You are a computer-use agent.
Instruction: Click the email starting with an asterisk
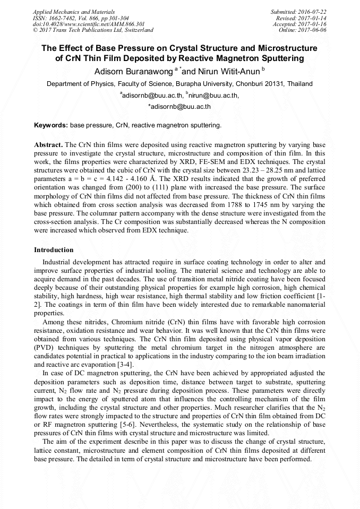click(x=179, y=107)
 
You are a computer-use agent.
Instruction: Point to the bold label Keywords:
click(x=51, y=125)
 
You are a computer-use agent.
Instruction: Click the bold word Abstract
click(x=48, y=144)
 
